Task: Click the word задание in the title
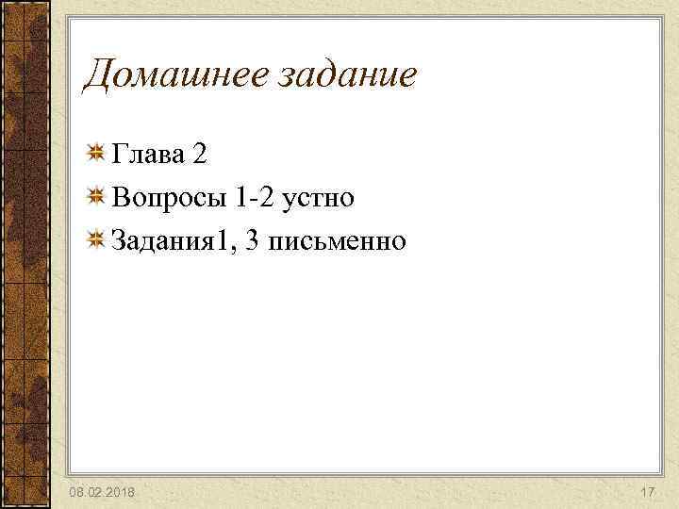point(346,75)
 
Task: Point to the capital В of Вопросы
point(120,197)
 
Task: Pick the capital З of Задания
point(119,241)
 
